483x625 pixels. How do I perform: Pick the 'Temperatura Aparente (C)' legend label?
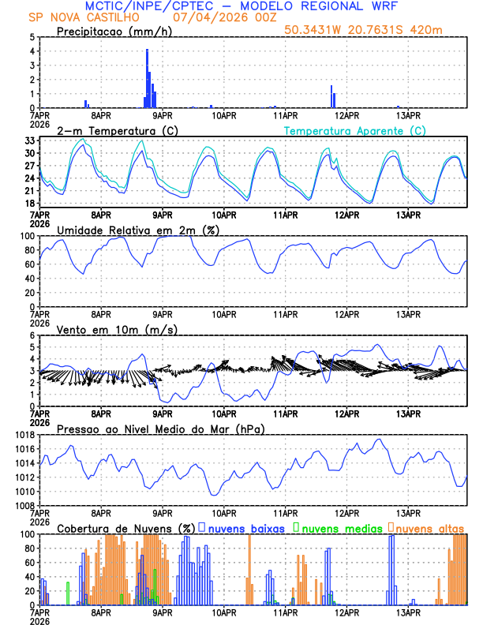[x=355, y=130]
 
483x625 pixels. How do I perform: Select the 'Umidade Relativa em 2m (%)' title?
[x=138, y=230]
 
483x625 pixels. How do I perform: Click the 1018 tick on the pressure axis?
[x=24, y=436]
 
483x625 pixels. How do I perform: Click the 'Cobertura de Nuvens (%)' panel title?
[x=126, y=528]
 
